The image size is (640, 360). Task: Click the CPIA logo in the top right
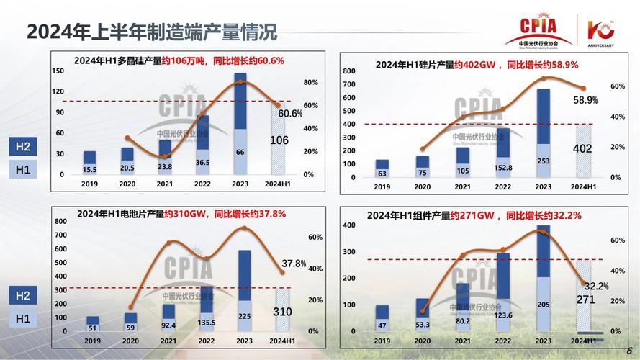[x=541, y=28]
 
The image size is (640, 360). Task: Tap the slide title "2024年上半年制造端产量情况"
[x=151, y=32]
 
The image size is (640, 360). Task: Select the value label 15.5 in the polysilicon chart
[x=89, y=168]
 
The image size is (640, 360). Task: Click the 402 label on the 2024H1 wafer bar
[x=582, y=148]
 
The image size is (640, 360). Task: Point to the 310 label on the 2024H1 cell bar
[x=283, y=312]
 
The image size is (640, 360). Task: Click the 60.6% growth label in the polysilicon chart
[x=290, y=114]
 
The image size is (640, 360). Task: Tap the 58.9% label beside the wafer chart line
[x=585, y=100]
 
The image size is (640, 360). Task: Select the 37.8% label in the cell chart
[x=294, y=264]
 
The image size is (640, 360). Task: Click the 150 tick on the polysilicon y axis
[x=58, y=71]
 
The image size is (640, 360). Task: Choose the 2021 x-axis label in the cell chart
[x=168, y=341]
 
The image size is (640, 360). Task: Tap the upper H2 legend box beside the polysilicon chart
[x=22, y=147]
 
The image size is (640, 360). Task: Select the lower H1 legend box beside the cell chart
[x=22, y=318]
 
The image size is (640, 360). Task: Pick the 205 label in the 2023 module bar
[x=544, y=304]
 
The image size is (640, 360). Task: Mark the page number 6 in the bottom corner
[x=628, y=350]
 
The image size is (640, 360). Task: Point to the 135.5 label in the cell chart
[x=207, y=323]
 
